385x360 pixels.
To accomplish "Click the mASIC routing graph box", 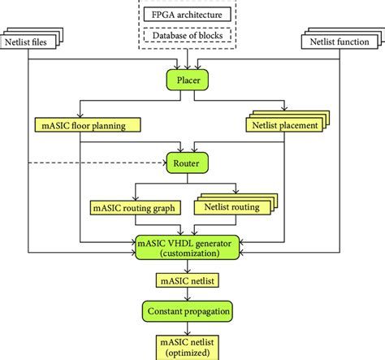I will coord(134,208).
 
